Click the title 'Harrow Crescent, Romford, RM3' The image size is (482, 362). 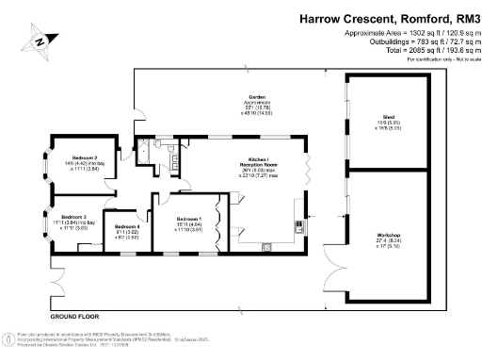pos(388,17)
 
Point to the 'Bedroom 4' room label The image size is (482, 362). pos(127,227)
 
